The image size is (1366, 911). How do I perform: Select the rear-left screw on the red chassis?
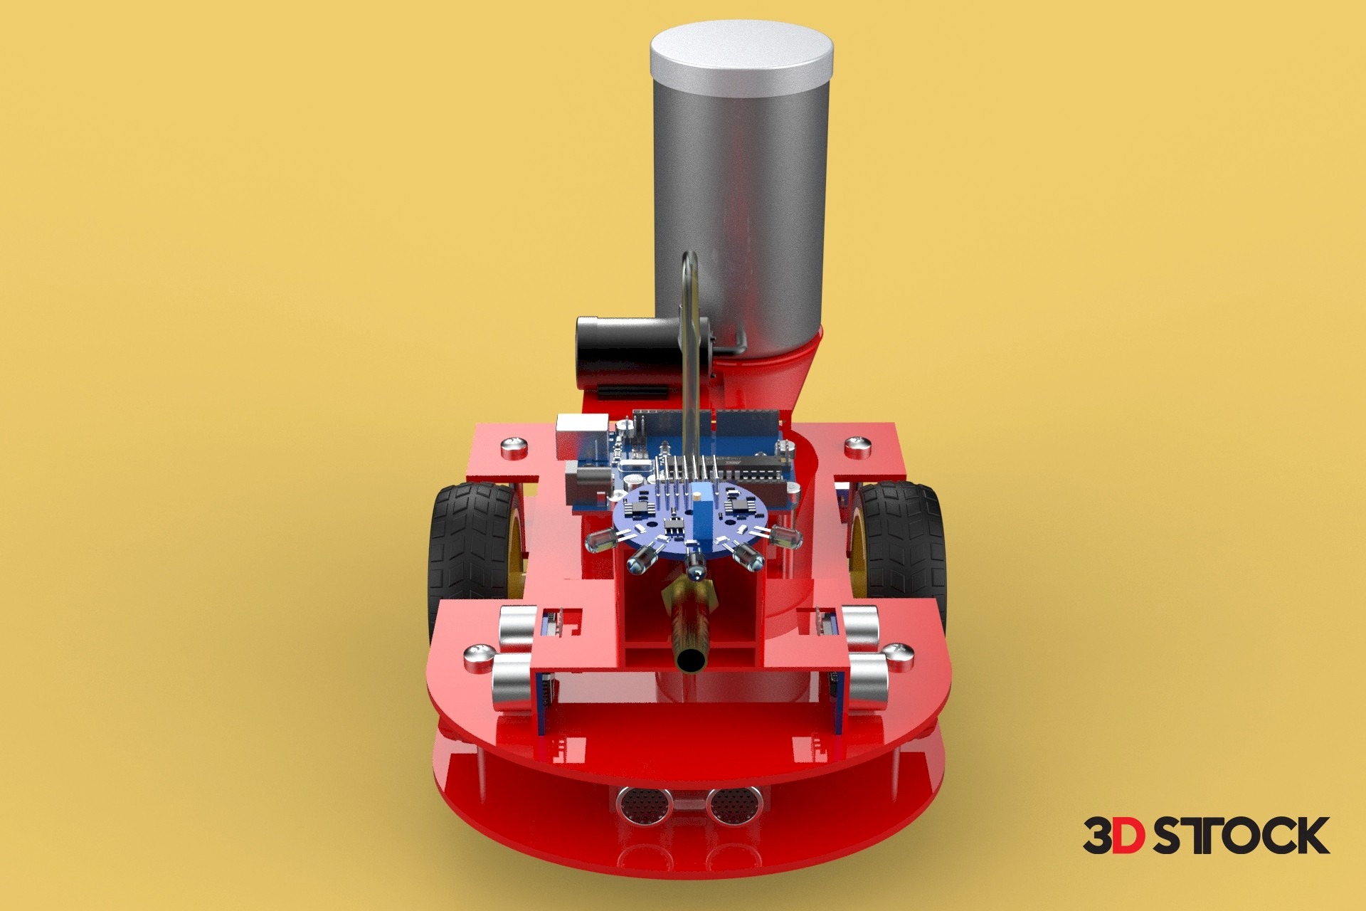[x=514, y=448]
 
